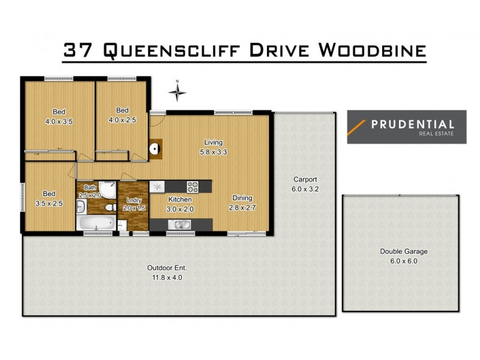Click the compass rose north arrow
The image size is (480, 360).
(177, 92)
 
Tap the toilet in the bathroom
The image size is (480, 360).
(109, 207)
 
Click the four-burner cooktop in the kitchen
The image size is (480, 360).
(193, 186)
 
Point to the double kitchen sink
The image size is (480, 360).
(179, 224)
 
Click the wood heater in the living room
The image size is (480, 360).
(154, 148)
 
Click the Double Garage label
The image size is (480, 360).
(403, 251)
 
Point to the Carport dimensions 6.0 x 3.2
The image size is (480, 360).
(305, 189)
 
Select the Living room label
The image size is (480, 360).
(213, 142)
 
